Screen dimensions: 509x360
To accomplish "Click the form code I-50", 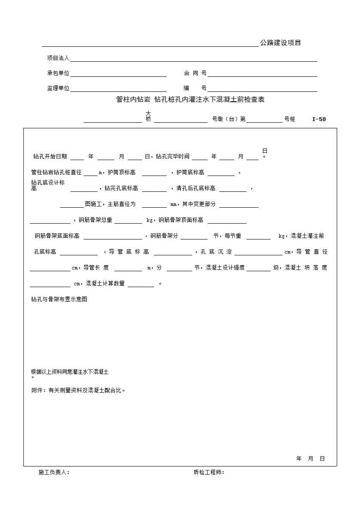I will [x=319, y=119].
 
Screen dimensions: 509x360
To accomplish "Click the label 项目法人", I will [x=58, y=58].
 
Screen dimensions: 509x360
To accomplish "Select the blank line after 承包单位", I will [x=119, y=74].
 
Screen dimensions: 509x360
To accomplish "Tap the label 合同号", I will [x=195, y=73].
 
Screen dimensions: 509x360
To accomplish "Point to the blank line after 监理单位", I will [x=119, y=89].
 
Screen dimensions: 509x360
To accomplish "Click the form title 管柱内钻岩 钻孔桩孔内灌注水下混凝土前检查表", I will [x=190, y=100].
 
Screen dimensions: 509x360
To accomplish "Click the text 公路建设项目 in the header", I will [x=281, y=43].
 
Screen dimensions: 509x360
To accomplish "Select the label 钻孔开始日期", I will [x=50, y=157].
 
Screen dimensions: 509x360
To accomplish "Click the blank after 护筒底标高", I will [x=221, y=173].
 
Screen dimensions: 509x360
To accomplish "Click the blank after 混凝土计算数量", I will [x=141, y=285].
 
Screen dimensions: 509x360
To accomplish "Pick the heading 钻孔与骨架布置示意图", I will [x=59, y=300].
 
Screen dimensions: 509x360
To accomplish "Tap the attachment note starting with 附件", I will [x=78, y=391].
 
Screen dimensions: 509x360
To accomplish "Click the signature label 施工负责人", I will [x=54, y=473].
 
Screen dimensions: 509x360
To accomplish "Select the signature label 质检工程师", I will [x=209, y=473].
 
